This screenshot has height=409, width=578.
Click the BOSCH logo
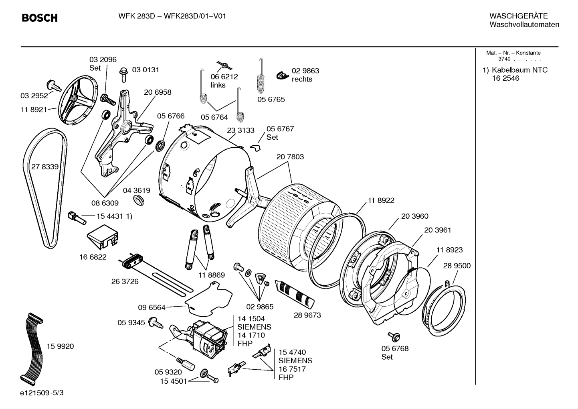click(x=39, y=18)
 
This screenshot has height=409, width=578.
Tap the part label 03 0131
click(x=146, y=70)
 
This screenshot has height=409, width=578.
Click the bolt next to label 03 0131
click(x=124, y=75)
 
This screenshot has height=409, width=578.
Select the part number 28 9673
click(x=307, y=315)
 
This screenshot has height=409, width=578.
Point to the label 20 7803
click(x=290, y=157)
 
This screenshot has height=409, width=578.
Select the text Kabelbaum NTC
click(x=519, y=70)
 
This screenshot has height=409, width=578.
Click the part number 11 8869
click(x=211, y=275)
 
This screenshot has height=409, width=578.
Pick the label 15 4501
click(x=174, y=381)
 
